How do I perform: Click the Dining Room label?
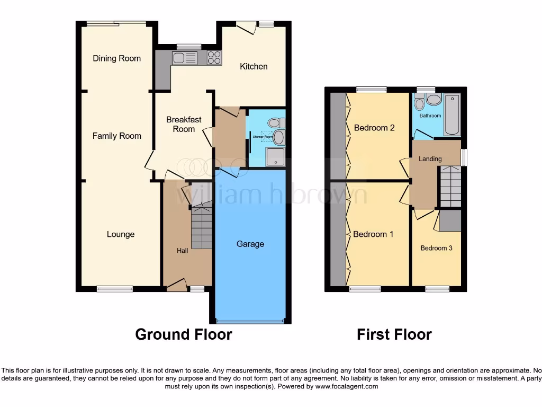click(x=116, y=58)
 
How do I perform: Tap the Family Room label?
click(x=116, y=136)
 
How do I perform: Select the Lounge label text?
click(x=121, y=234)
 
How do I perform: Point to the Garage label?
click(x=250, y=244)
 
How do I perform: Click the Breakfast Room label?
click(x=184, y=124)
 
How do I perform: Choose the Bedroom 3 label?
click(x=436, y=248)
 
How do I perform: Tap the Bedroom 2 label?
click(x=374, y=128)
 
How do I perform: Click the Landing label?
click(x=430, y=159)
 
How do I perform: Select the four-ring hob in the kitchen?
click(x=214, y=58)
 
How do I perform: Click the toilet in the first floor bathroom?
click(x=420, y=103)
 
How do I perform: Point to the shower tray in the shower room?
click(x=275, y=157)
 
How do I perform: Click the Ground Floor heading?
click(x=183, y=334)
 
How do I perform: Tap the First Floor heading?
click(x=394, y=334)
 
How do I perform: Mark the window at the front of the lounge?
click(x=115, y=289)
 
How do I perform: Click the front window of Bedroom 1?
click(x=365, y=289)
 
